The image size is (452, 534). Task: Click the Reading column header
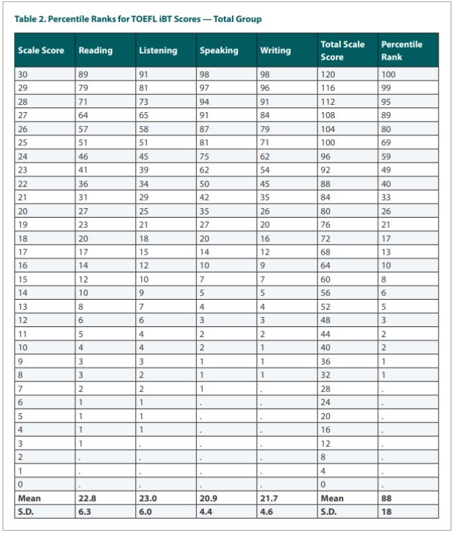pyautogui.click(x=95, y=50)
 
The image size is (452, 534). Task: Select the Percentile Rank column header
pyautogui.click(x=402, y=50)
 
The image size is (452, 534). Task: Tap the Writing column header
pyautogui.click(x=275, y=50)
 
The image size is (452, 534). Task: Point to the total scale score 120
pyautogui.click(x=328, y=74)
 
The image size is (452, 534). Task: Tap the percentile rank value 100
pyautogui.click(x=388, y=74)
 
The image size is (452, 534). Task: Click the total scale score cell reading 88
pyautogui.click(x=326, y=183)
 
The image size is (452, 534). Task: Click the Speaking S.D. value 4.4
pyautogui.click(x=207, y=511)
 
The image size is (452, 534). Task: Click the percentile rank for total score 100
pyautogui.click(x=386, y=142)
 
